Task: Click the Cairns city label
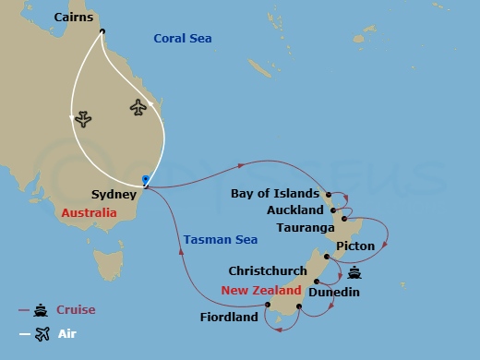point(74,18)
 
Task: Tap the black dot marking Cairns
point(102,30)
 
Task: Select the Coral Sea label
point(182,38)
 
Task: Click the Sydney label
point(114,195)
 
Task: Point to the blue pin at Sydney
point(145,179)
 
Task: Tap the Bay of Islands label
point(275,194)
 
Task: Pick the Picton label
point(355,246)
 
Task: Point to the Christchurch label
point(268,270)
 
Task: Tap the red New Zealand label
point(260,290)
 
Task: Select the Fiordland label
point(230,318)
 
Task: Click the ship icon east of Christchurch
point(355,272)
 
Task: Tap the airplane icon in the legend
point(42,334)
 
